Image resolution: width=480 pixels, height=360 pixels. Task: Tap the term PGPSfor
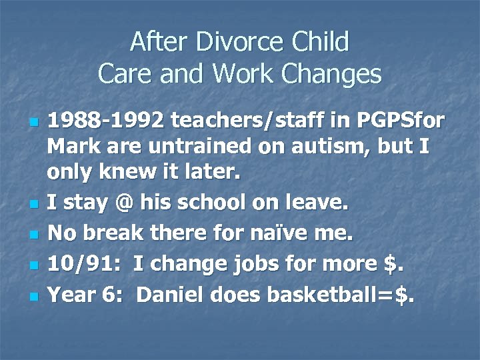(x=382, y=122)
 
